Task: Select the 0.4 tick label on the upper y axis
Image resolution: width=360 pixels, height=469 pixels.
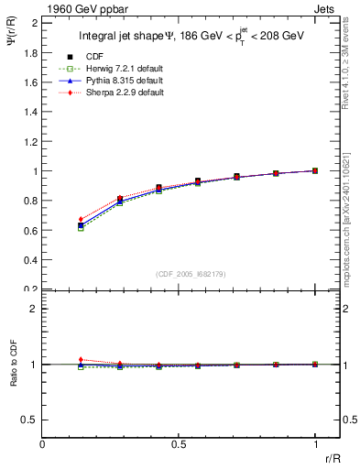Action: pyautogui.click(x=29, y=259)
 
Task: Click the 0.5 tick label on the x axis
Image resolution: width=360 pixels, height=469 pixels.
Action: pyautogui.click(x=179, y=443)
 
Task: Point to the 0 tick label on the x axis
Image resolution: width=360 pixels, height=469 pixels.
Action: pyautogui.click(x=43, y=443)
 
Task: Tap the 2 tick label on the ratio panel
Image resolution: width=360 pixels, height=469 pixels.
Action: pyautogui.click(x=33, y=309)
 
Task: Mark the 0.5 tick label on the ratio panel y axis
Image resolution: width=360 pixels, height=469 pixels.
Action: pyautogui.click(x=29, y=420)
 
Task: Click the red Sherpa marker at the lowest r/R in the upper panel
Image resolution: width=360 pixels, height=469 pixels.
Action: pyautogui.click(x=82, y=220)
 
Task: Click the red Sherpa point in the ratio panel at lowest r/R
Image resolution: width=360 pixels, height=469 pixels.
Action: pyautogui.click(x=82, y=360)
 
